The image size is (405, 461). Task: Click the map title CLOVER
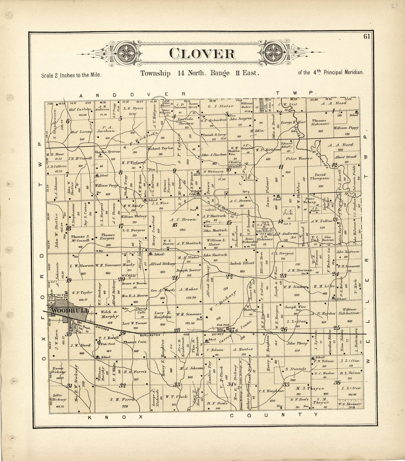202,53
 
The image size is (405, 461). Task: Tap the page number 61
366,36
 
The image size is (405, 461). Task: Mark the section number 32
123,386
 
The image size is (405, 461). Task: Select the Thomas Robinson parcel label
319,123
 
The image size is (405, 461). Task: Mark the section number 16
175,225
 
